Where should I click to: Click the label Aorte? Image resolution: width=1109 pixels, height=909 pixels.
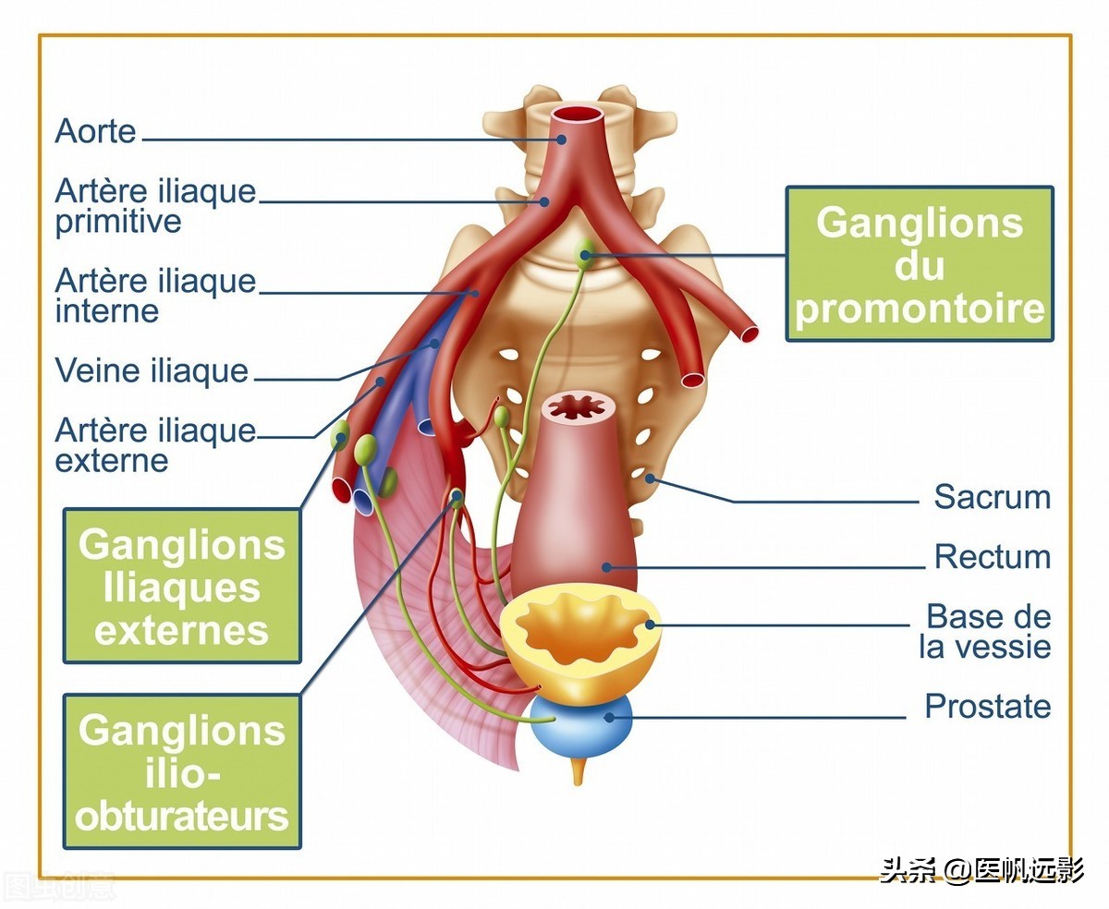click(x=95, y=130)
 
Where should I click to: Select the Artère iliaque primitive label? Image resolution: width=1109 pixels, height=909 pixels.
click(x=154, y=206)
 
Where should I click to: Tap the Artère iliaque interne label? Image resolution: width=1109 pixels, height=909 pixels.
click(x=154, y=295)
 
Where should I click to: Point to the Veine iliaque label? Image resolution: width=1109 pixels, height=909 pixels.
click(x=152, y=370)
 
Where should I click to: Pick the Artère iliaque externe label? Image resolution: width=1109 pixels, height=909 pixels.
click(x=154, y=444)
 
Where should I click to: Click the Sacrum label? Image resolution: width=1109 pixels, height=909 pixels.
click(x=992, y=497)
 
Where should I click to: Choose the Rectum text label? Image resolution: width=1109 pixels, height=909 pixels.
click(x=992, y=557)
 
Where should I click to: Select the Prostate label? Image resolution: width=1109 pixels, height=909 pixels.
click(x=987, y=707)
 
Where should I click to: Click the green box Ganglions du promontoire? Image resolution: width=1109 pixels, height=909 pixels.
click(x=920, y=264)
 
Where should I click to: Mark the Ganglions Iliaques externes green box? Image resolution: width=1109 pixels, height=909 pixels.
click(x=182, y=586)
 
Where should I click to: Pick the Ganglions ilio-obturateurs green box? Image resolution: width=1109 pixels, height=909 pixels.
click(x=182, y=772)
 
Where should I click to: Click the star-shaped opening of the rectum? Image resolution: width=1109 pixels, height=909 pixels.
click(x=577, y=406)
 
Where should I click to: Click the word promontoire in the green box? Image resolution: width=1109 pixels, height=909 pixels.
click(x=920, y=308)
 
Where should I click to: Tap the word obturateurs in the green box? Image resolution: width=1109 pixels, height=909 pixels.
click(x=182, y=816)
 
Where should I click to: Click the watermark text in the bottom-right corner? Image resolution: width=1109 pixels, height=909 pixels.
click(x=981, y=869)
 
